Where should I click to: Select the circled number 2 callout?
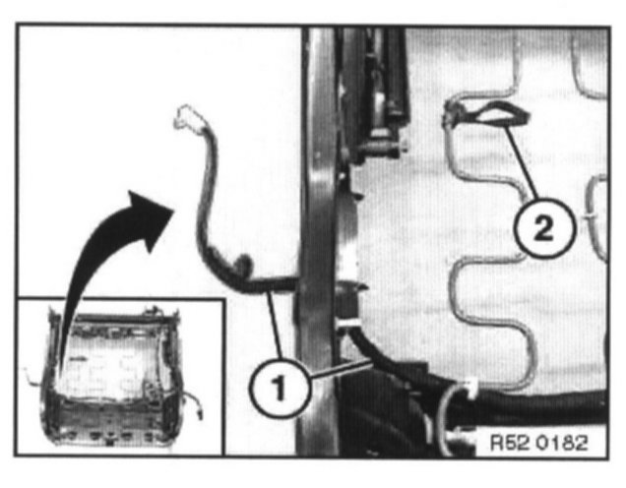pos(537,233)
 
